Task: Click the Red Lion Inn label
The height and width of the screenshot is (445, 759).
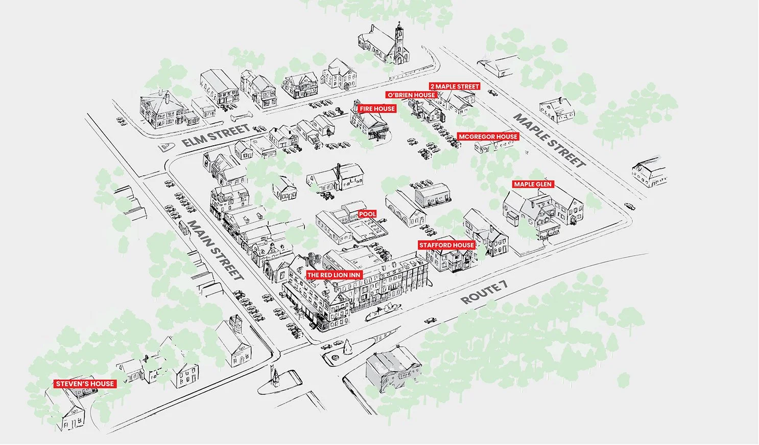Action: point(334,275)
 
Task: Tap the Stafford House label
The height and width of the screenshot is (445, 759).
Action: point(446,246)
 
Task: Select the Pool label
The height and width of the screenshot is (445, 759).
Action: point(367,214)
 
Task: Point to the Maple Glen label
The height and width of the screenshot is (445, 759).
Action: point(533,184)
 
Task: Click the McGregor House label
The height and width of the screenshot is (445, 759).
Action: point(488,137)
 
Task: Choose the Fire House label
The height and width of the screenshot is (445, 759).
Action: point(377,109)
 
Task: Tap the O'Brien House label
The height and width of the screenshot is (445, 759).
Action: point(411,95)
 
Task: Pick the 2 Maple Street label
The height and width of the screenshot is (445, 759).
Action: point(455,87)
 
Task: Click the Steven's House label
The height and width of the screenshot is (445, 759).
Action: point(85,384)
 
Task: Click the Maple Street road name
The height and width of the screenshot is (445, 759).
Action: point(549,141)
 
